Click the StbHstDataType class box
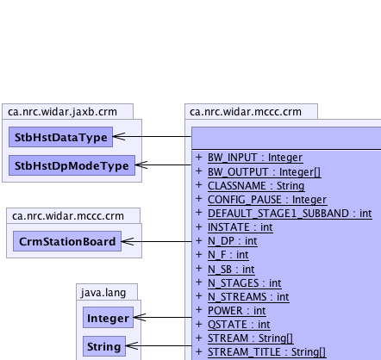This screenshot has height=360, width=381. [60, 137]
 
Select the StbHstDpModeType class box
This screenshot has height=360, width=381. [72, 165]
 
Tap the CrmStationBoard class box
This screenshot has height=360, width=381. [67, 241]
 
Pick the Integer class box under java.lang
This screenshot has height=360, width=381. [108, 318]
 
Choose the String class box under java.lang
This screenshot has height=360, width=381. [104, 346]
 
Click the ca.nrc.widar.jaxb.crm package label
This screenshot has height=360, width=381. [62, 112]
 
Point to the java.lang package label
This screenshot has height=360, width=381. [103, 293]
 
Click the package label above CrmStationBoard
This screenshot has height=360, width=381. [68, 216]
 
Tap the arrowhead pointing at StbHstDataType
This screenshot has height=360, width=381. [119, 137]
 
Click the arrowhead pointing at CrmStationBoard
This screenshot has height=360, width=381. [128, 241]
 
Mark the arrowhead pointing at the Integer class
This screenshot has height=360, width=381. [140, 317]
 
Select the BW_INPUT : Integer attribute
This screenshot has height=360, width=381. [255, 158]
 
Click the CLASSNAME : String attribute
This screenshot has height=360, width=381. [256, 186]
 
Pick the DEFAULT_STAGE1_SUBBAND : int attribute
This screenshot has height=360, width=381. [290, 214]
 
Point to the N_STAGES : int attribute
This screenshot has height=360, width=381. [245, 283]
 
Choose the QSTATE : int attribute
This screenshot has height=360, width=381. [239, 325]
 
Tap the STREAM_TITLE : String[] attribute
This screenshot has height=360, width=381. [267, 352]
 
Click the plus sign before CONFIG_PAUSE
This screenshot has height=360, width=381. [199, 199]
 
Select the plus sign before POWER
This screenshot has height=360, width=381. [199, 310]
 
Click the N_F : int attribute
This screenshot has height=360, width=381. [228, 255]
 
